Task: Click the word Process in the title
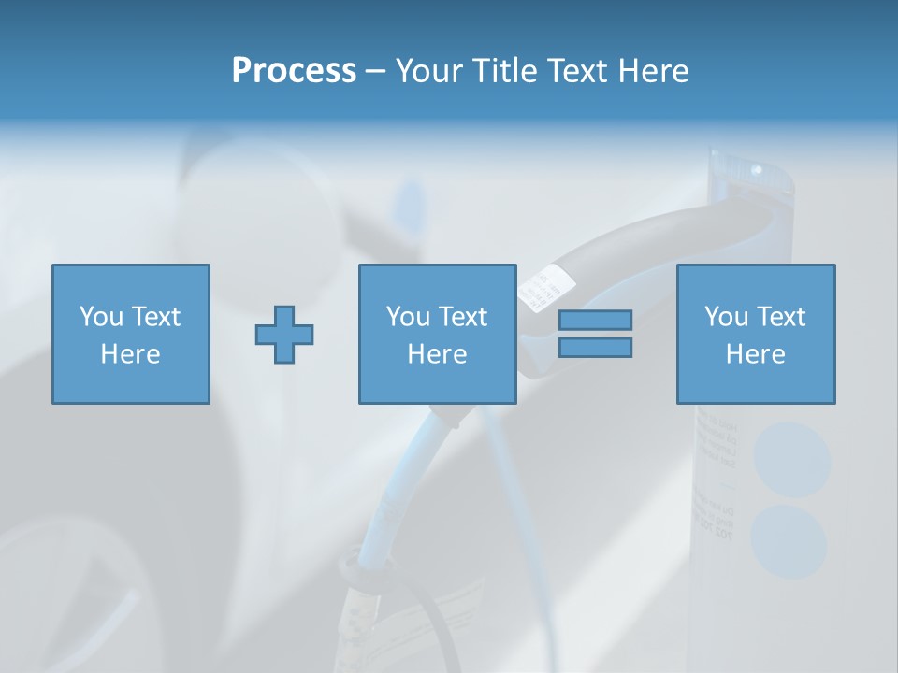click(294, 71)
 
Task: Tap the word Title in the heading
click(504, 71)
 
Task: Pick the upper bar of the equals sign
click(595, 320)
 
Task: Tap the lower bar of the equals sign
click(595, 348)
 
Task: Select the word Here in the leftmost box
click(130, 354)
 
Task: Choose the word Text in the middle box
click(463, 317)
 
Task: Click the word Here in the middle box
click(437, 354)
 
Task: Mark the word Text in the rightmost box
click(781, 317)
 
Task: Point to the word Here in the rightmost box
click(755, 354)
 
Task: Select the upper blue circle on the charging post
click(792, 459)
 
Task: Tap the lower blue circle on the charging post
click(789, 540)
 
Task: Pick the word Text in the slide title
click(577, 71)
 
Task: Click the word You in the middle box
click(408, 317)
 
